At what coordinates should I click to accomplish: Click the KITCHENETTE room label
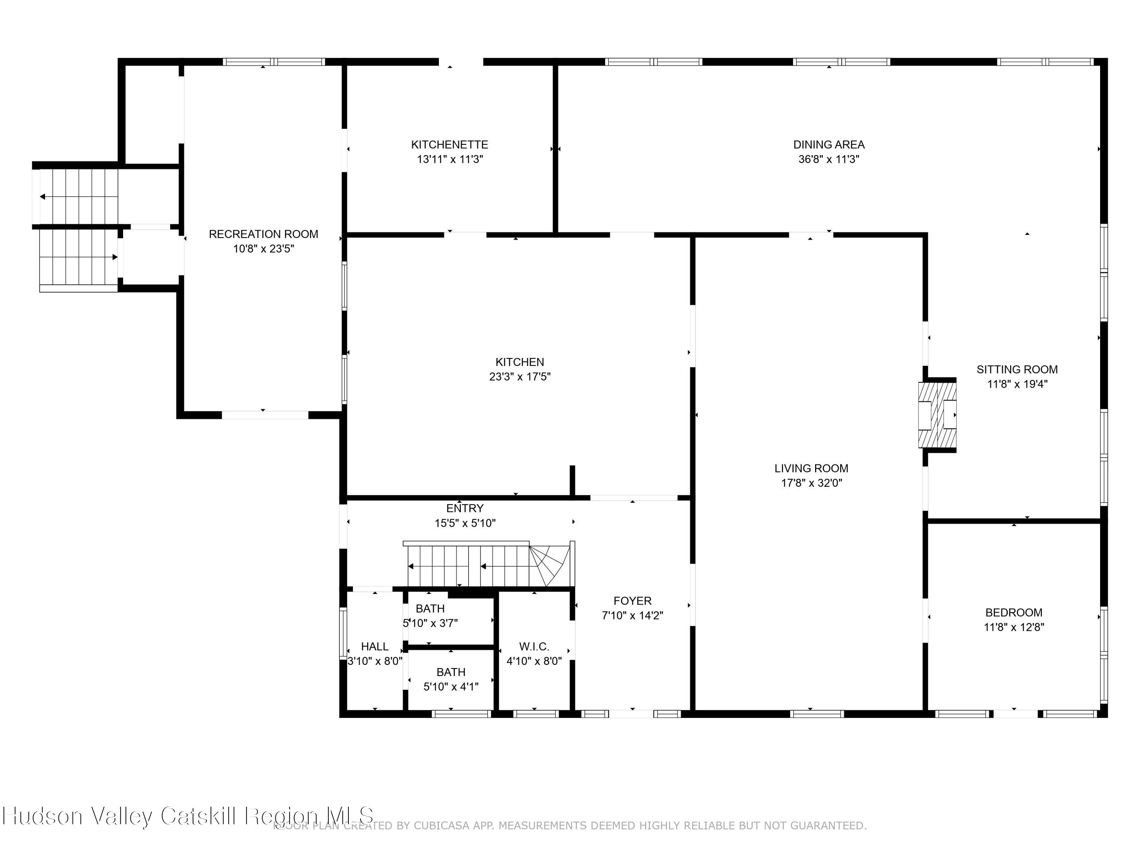(450, 145)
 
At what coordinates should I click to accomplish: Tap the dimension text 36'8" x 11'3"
(829, 159)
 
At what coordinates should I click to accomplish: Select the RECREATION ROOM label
(263, 234)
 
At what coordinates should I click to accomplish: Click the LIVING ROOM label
(811, 469)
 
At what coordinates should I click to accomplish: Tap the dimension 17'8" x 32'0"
(811, 483)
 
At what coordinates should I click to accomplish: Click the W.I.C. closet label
(534, 646)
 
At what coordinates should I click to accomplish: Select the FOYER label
(632, 601)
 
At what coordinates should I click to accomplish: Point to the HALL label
(375, 646)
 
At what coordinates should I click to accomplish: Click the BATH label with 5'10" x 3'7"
(430, 609)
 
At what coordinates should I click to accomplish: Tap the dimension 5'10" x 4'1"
(451, 687)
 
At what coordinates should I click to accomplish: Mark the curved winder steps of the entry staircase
(550, 565)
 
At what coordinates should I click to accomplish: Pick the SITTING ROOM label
(1017, 369)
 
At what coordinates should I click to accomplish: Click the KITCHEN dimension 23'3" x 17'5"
(519, 377)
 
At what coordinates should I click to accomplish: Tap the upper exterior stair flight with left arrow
(77, 196)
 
